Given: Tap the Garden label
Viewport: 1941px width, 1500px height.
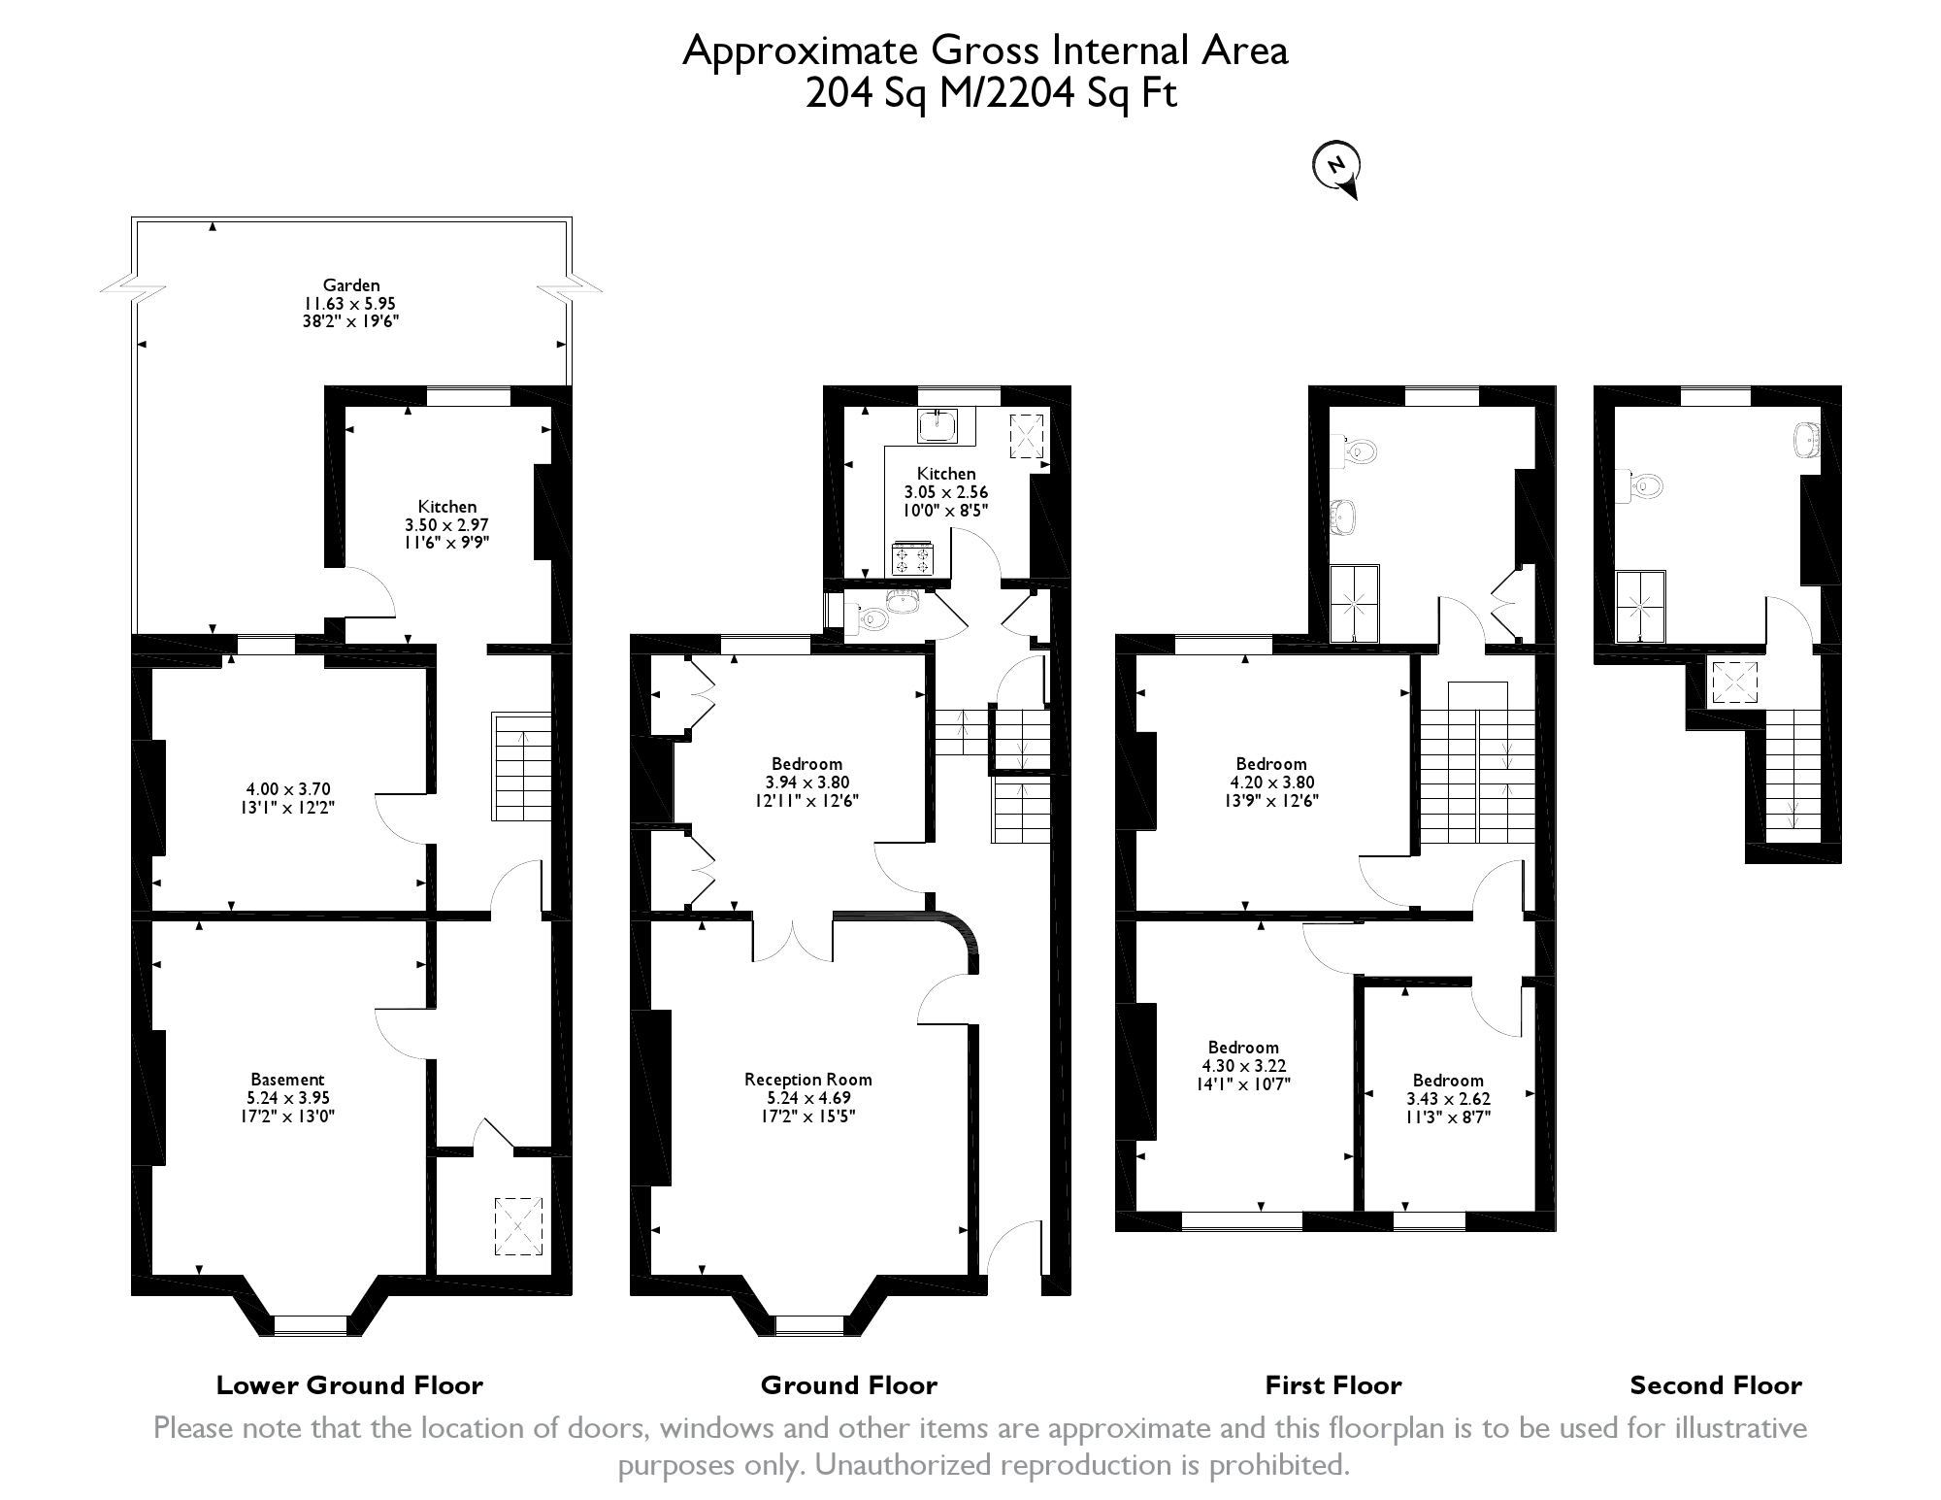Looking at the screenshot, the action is pyautogui.click(x=351, y=285).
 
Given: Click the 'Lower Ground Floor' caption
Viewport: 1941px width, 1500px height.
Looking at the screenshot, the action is pyautogui.click(x=349, y=1385).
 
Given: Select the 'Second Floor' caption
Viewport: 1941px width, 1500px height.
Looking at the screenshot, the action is pyautogui.click(x=1716, y=1385).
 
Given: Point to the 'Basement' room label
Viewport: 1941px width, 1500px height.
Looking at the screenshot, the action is pyautogui.click(x=287, y=1079).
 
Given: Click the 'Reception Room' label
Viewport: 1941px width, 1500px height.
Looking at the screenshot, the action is pyautogui.click(x=808, y=1079).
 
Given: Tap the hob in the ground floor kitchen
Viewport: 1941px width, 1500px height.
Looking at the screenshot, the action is pyautogui.click(x=911, y=558).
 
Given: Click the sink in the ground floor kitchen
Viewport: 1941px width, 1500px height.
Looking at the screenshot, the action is pyautogui.click(x=938, y=426).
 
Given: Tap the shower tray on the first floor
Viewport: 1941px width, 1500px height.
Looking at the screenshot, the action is pyautogui.click(x=1354, y=604).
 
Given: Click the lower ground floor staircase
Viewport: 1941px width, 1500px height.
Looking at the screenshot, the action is pyautogui.click(x=522, y=767).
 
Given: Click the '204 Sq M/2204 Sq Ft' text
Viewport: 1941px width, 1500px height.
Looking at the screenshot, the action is pyautogui.click(x=991, y=95).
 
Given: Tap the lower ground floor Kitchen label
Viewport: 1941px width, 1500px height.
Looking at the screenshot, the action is pyautogui.click(x=447, y=506).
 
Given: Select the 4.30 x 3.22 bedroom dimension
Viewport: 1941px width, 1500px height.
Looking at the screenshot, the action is pyautogui.click(x=1244, y=1066).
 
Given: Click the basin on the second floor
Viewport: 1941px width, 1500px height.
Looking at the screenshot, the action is pyautogui.click(x=1807, y=439).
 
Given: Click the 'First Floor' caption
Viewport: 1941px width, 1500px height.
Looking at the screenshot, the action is pyautogui.click(x=1333, y=1385).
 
